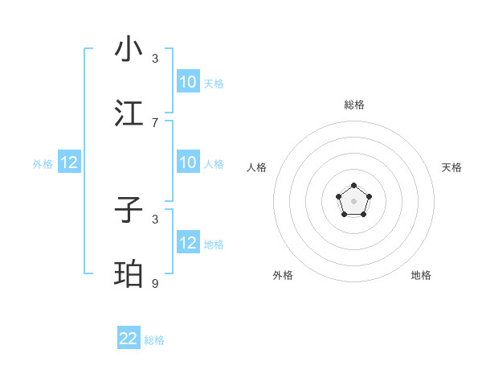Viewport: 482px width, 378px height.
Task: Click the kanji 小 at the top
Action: pos(129,49)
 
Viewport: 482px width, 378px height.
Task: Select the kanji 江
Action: pos(129,113)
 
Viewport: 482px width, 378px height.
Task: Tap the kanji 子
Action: pos(129,211)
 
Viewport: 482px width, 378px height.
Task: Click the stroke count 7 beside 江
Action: pos(155,122)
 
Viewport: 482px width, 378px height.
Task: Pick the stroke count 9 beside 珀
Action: pos(155,283)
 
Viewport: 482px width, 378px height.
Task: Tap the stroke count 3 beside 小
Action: pos(155,58)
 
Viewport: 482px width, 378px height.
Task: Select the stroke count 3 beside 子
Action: pos(155,219)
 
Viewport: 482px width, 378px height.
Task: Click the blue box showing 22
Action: pos(129,339)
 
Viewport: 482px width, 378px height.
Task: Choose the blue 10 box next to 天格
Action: pos(188,82)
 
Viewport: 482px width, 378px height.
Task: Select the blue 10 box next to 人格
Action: pos(188,163)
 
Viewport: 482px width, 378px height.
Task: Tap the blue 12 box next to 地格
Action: pos(188,243)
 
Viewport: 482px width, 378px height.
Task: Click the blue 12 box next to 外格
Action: pos(69,163)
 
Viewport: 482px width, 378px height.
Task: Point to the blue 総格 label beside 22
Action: pos(154,340)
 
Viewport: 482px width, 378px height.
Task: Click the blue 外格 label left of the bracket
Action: pos(43,164)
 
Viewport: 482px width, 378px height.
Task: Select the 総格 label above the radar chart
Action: pos(353,105)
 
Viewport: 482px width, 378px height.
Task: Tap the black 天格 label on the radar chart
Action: pos(451,167)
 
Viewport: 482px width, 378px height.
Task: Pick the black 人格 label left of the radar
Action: pos(256,167)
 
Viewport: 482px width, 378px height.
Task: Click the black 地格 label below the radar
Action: pos(421,275)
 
